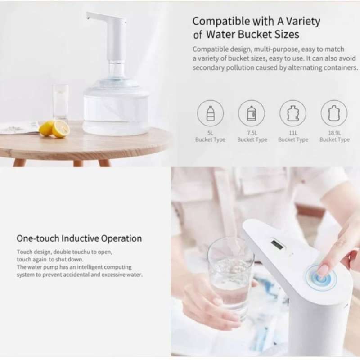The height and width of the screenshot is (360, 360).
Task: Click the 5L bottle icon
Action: (x=210, y=113)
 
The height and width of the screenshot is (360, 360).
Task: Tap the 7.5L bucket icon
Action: (x=252, y=113)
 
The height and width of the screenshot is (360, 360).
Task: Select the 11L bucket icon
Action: (x=293, y=113)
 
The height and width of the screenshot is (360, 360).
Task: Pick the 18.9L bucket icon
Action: (x=334, y=113)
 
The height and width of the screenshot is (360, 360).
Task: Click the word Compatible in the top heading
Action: (x=221, y=22)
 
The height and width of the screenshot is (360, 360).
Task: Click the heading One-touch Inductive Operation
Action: (x=79, y=239)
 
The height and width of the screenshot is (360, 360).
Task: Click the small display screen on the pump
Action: (x=277, y=245)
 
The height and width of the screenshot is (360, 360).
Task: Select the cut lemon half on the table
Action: (x=61, y=129)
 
